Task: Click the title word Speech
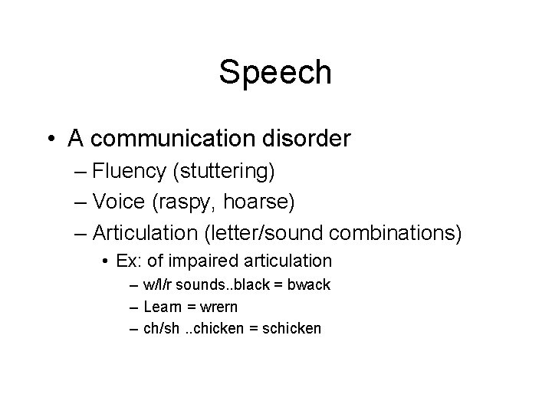[275, 73]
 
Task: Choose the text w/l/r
[158, 285]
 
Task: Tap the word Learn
[163, 307]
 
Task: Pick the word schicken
[292, 329]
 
